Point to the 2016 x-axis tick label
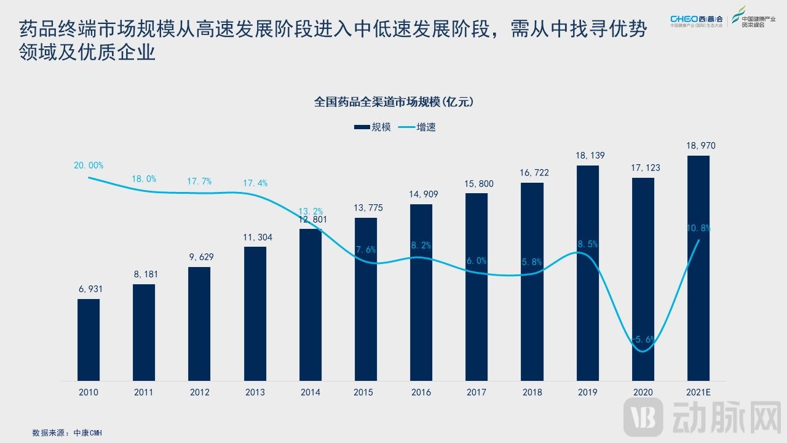click(x=421, y=392)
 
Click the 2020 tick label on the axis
click(x=643, y=392)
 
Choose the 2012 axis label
click(x=199, y=392)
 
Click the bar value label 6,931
click(x=89, y=289)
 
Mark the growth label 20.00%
click(x=89, y=166)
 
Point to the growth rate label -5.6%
click(x=643, y=339)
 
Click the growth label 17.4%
click(x=255, y=183)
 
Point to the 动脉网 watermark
click(x=703, y=417)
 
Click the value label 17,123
click(x=643, y=167)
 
